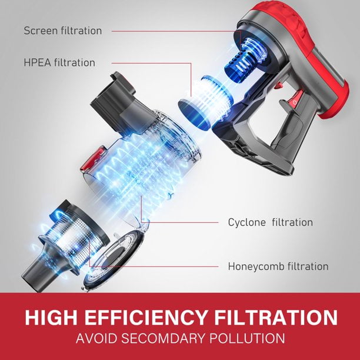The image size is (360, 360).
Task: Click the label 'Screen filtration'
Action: (x=63, y=31)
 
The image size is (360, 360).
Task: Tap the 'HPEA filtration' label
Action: (x=59, y=62)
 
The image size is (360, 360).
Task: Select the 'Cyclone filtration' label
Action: (x=270, y=222)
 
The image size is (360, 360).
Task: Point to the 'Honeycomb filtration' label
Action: (x=278, y=266)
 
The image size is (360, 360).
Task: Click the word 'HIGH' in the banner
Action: (x=51, y=317)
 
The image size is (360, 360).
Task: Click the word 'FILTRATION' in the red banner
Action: (x=275, y=317)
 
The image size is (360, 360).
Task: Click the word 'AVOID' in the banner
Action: (x=96, y=338)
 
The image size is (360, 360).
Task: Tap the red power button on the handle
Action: (x=295, y=101)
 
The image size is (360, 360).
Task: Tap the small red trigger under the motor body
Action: (x=278, y=85)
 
